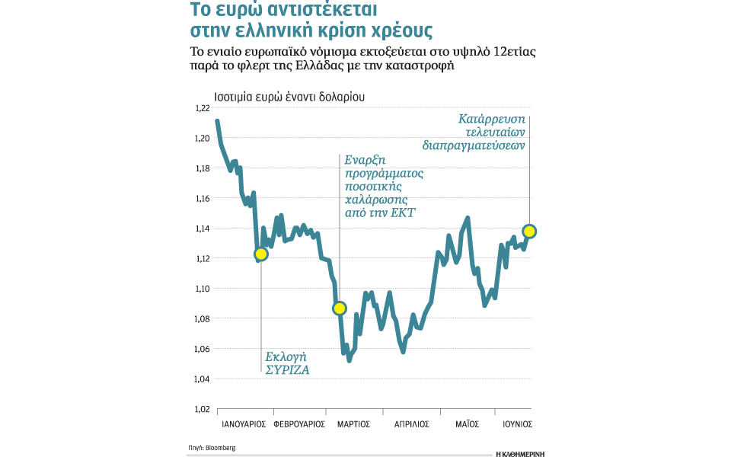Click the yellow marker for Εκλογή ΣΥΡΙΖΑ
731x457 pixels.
tap(261, 254)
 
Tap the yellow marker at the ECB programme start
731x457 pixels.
tap(340, 308)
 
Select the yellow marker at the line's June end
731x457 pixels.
tap(529, 231)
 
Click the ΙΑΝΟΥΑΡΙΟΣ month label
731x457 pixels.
tap(242, 424)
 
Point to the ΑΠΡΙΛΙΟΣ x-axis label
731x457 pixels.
tap(411, 424)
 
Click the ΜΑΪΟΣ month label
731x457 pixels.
tap(466, 424)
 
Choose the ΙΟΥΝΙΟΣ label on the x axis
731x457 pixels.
tap(517, 424)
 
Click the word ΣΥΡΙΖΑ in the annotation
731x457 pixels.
tap(287, 370)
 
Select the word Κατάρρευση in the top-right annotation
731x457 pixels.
tap(492, 119)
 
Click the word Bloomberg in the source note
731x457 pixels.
tap(221, 448)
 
